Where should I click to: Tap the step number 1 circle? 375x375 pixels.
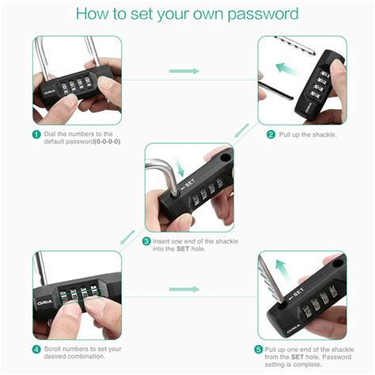pos(36,134)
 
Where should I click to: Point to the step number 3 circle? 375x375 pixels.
pos(146,241)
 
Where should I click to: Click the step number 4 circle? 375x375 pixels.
pos(36,348)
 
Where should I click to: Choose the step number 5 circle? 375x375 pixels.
pos(259,348)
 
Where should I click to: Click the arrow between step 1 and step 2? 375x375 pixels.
pos(186,71)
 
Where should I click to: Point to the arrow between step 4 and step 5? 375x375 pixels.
pos(186,289)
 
